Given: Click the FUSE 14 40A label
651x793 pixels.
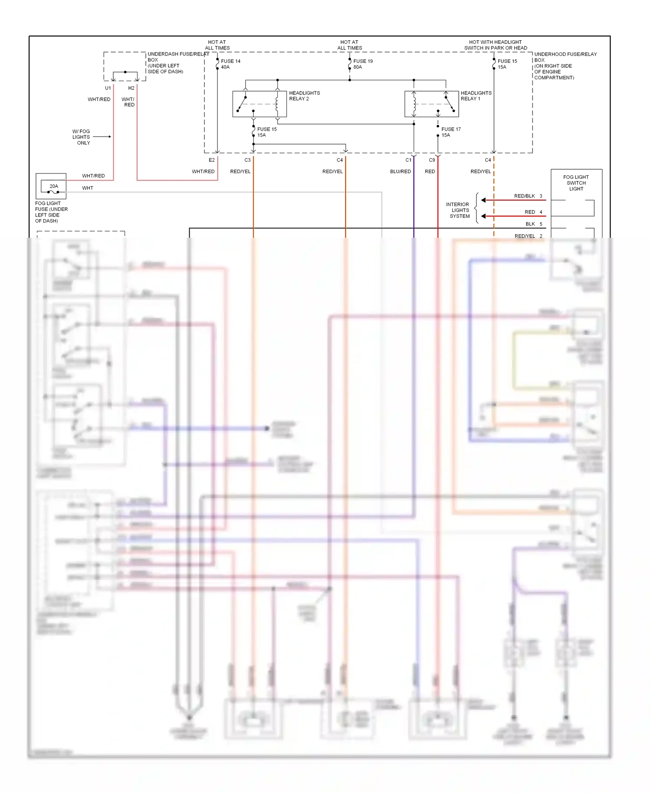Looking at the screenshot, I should pyautogui.click(x=230, y=64).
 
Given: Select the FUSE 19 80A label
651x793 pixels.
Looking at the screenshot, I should pyautogui.click(x=363, y=64).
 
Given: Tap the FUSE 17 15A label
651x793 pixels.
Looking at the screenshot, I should pyautogui.click(x=450, y=132).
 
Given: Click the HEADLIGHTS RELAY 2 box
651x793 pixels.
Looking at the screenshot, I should pyautogui.click(x=260, y=104).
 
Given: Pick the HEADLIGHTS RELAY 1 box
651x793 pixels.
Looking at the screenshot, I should pyautogui.click(x=431, y=104).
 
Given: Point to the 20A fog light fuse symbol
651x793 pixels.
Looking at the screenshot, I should pyautogui.click(x=52, y=187).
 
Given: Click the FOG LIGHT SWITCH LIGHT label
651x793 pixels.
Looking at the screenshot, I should pyautogui.click(x=576, y=183).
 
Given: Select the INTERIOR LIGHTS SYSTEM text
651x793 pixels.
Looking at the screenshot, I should pyautogui.click(x=458, y=210).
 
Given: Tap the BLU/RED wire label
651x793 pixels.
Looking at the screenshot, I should pyautogui.click(x=400, y=172).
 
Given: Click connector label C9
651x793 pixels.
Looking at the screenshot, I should pyautogui.click(x=432, y=160).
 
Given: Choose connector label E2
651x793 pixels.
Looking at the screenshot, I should pyautogui.click(x=212, y=160).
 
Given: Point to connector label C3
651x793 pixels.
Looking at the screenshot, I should pyautogui.click(x=247, y=160).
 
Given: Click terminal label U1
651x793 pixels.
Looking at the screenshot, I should pyautogui.click(x=108, y=88).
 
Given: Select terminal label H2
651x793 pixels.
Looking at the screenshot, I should pyautogui.click(x=131, y=88).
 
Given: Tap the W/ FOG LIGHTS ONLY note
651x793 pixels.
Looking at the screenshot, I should pyautogui.click(x=82, y=137).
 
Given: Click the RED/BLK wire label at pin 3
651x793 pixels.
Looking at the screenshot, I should pyautogui.click(x=524, y=196).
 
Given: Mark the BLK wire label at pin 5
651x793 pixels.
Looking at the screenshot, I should pyautogui.click(x=530, y=224).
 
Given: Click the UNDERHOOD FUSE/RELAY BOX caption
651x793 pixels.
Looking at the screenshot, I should pyautogui.click(x=565, y=66).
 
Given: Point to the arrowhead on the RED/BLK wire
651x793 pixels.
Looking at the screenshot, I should pyautogui.click(x=483, y=200).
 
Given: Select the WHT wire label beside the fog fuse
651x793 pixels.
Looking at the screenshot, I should pyautogui.click(x=88, y=188).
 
